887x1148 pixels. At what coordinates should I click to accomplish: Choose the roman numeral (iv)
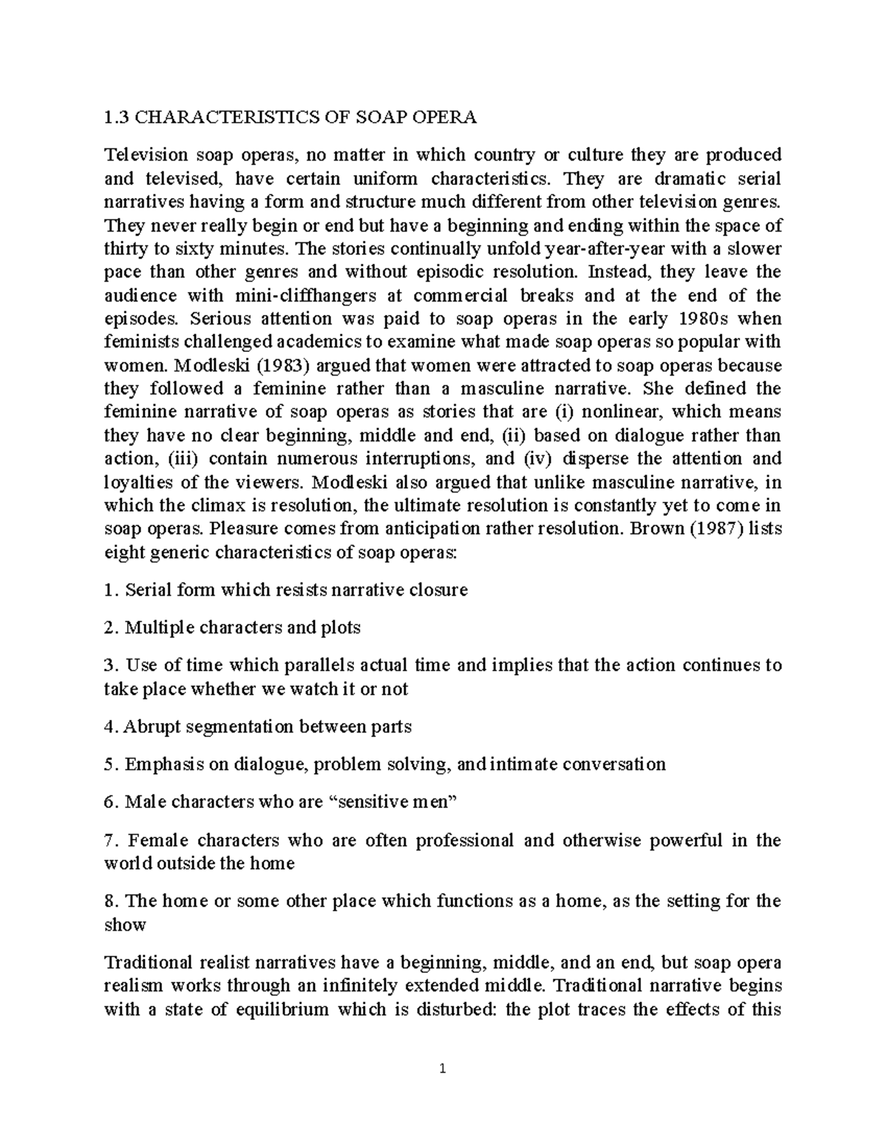(x=537, y=458)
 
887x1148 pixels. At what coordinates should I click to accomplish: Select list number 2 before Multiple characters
(x=111, y=628)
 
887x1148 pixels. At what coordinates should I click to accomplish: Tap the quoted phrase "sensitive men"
(x=397, y=801)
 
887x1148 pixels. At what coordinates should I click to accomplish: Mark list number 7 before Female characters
(x=110, y=840)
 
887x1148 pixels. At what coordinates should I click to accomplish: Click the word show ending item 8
(x=125, y=924)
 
